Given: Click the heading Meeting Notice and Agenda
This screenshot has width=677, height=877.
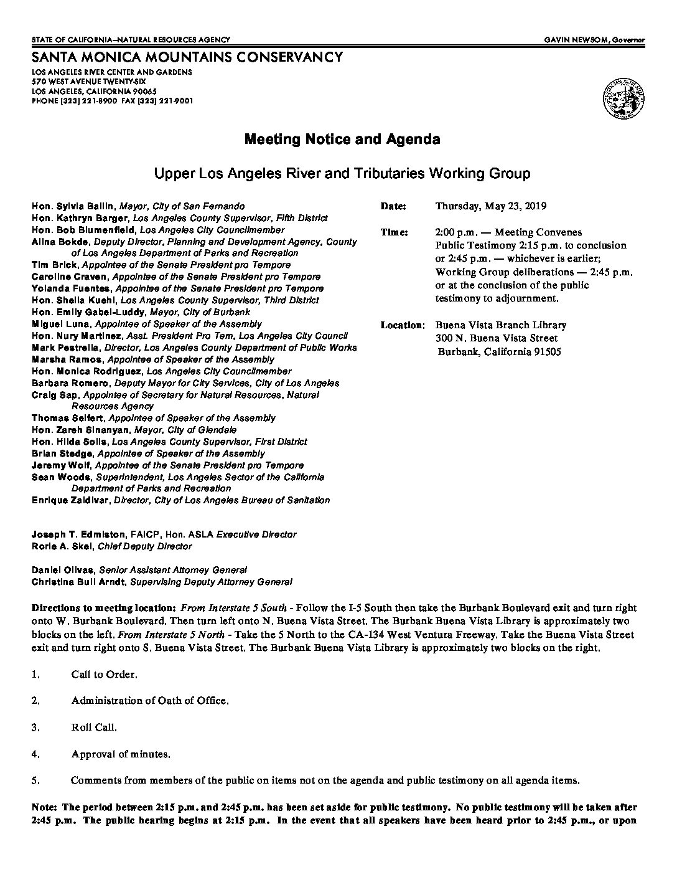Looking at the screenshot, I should tap(342, 139).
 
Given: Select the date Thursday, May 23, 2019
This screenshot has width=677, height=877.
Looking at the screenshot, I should tap(491, 206).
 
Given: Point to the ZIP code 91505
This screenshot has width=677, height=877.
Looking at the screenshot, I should tap(544, 352).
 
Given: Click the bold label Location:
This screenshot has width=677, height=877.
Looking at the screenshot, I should tap(403, 325).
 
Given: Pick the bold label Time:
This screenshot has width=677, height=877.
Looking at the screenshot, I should tap(394, 232).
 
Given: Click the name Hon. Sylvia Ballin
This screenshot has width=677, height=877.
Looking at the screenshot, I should tap(73, 206).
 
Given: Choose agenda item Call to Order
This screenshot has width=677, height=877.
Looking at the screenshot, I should tap(104, 675).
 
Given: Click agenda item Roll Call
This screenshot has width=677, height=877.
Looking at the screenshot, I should tap(94, 728).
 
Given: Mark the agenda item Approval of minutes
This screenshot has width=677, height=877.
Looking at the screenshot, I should tap(121, 754).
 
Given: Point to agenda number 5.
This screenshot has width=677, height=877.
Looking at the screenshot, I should tap(35, 780).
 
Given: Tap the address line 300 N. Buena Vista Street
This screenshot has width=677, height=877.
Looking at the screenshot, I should tap(497, 338).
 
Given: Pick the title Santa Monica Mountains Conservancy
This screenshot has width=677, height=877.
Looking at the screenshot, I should tap(187, 57).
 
